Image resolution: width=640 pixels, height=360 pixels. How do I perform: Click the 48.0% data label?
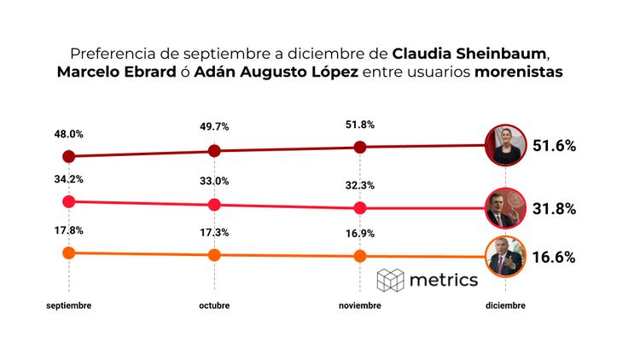click(x=69, y=134)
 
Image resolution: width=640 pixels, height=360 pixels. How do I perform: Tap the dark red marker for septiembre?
click(x=69, y=156)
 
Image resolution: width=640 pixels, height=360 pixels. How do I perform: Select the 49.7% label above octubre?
click(x=214, y=128)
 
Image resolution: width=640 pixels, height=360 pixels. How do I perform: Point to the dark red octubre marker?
click(x=214, y=151)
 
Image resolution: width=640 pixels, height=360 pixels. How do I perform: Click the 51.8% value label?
click(x=359, y=125)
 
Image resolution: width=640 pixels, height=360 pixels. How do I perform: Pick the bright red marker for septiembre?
click(x=69, y=201)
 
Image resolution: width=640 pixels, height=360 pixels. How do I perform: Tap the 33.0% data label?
click(x=214, y=181)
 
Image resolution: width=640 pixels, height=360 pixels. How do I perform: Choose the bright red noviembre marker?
click(x=359, y=207)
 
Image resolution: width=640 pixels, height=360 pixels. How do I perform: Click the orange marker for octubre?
click(x=214, y=254)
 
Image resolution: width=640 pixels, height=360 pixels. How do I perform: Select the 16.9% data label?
click(x=359, y=232)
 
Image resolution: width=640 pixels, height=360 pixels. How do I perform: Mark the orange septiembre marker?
click(x=69, y=253)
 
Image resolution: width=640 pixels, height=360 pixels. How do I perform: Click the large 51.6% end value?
click(x=554, y=146)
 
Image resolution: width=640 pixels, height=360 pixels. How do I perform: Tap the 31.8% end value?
click(x=554, y=208)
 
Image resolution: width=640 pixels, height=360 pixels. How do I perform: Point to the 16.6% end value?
click(x=554, y=257)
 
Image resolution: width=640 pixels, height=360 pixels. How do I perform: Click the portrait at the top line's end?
click(x=504, y=145)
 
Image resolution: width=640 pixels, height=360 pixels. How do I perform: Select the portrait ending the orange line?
click(x=504, y=256)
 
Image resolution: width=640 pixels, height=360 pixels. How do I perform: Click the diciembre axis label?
click(x=504, y=305)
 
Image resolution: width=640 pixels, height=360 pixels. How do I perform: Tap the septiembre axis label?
click(x=69, y=305)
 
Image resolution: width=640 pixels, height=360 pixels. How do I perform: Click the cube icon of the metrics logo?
click(x=391, y=280)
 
